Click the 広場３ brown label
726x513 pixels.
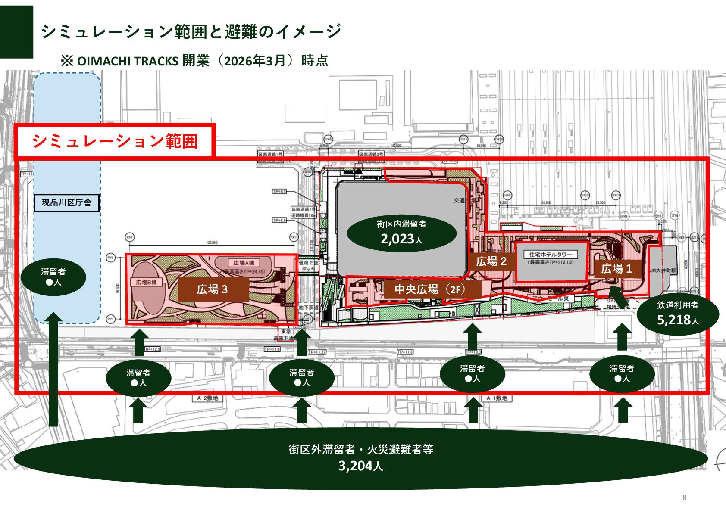213,289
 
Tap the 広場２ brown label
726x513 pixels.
491,261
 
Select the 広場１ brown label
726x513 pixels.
616,269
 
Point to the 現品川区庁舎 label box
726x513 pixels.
67,202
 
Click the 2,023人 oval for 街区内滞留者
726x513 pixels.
401,233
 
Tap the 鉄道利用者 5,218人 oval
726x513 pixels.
677,314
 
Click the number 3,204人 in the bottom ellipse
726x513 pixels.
360,466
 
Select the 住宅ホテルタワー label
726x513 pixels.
551,255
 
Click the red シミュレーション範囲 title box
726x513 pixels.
115,141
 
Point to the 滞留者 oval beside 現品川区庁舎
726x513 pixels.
53,277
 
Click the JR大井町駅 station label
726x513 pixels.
663,270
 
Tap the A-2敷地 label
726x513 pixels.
207,398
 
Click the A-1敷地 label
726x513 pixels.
497,398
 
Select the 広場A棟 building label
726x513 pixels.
244,263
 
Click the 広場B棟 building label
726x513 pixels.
146,282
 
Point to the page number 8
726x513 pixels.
684,498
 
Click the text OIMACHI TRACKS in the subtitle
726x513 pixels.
128,61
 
